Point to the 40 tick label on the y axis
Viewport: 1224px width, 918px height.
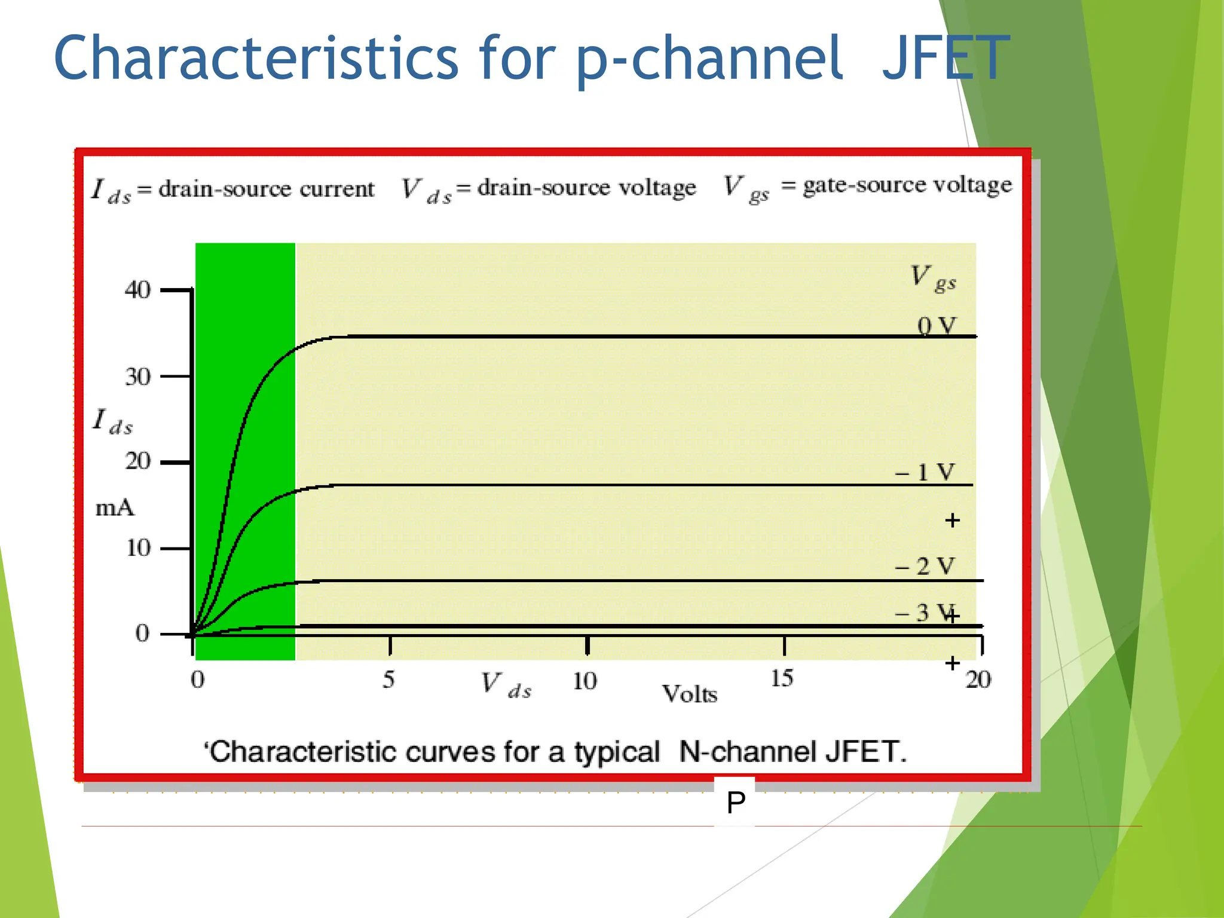pos(137,290)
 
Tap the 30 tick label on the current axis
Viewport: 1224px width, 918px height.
pos(137,377)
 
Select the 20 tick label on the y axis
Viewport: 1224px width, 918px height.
pos(137,461)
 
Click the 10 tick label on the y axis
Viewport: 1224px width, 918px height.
pos(138,548)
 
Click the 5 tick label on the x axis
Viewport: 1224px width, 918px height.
pos(388,680)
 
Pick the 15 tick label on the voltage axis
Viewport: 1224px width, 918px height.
pos(782,678)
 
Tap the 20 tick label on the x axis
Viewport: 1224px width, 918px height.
pos(978,680)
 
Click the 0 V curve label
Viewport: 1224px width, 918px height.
pos(937,326)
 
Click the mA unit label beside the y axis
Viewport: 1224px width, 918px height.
pos(115,508)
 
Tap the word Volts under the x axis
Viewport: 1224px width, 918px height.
pos(690,694)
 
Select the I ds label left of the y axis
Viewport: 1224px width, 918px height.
pos(112,421)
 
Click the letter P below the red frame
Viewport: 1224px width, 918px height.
pos(736,802)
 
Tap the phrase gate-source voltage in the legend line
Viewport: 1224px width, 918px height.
pos(907,185)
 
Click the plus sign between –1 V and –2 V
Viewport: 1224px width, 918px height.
pos(953,521)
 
